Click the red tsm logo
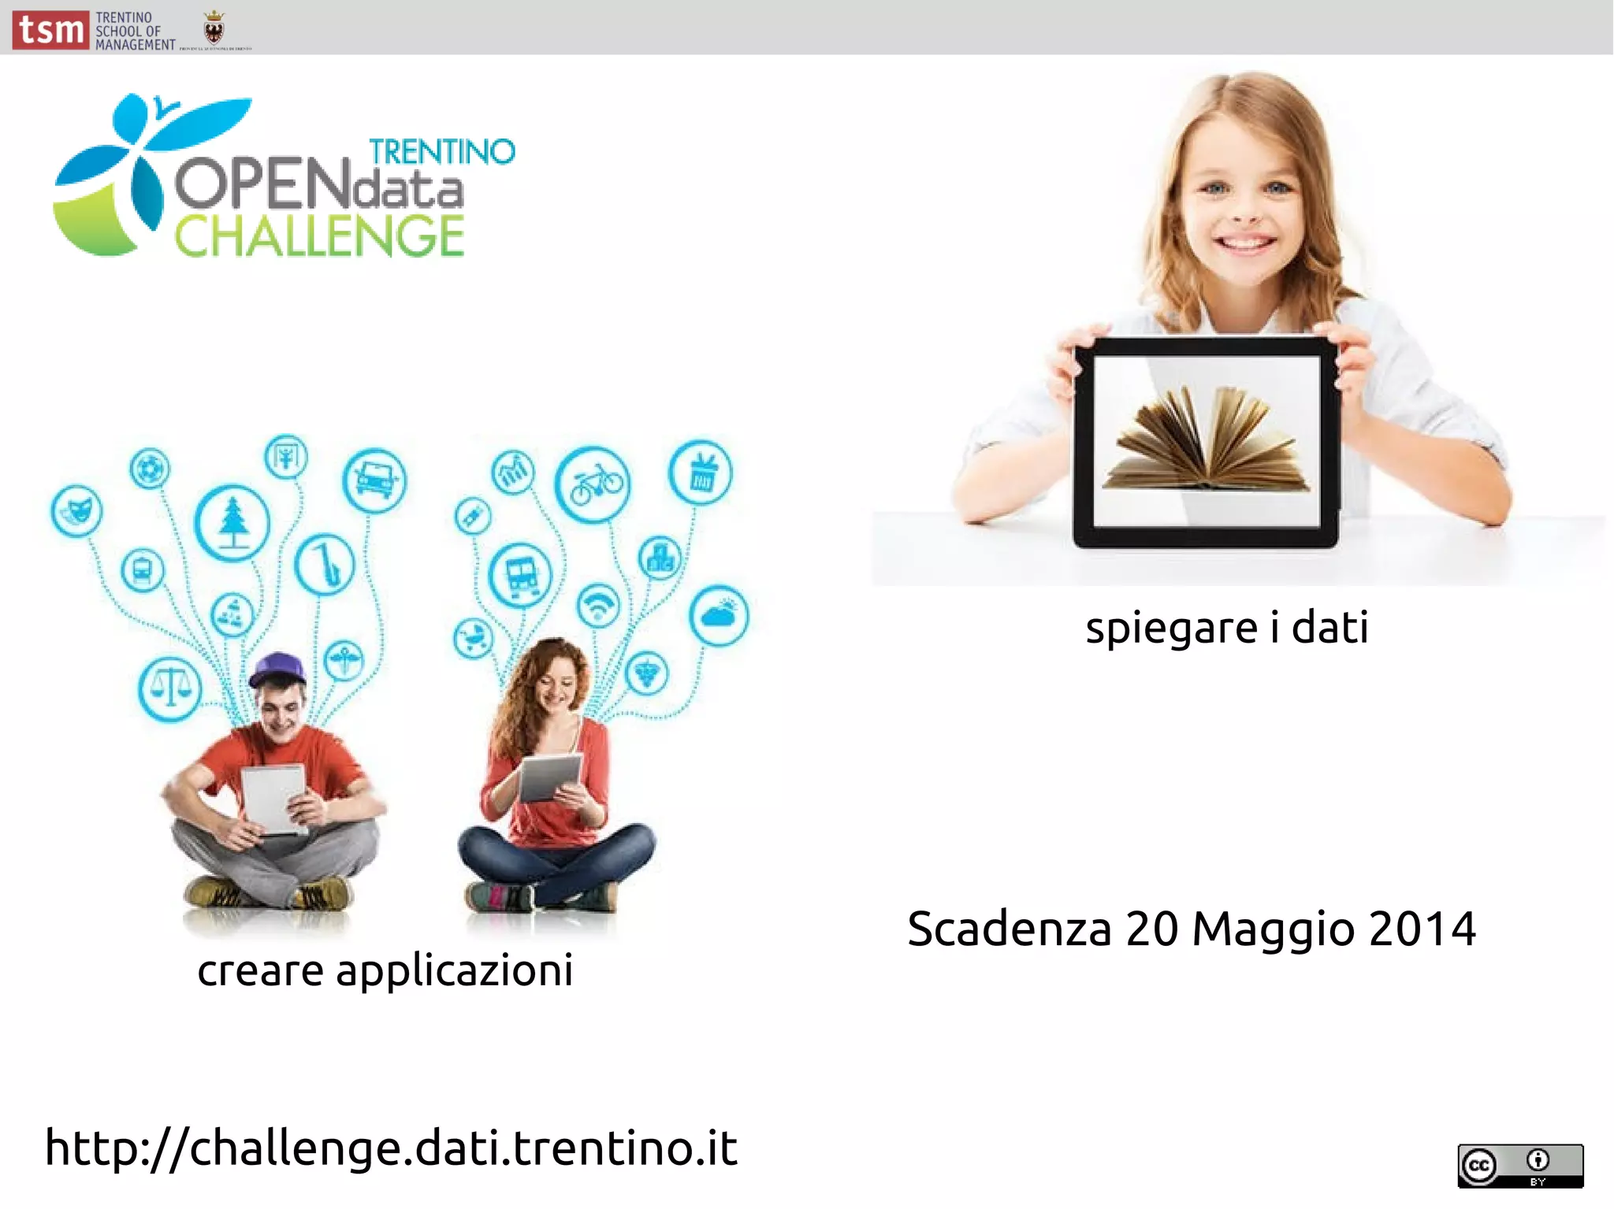(50, 31)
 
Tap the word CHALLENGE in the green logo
(319, 236)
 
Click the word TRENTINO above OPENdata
(441, 152)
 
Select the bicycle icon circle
(593, 484)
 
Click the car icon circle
(375, 480)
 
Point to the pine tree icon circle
(232, 522)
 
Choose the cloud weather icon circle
(719, 615)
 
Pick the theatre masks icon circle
(76, 510)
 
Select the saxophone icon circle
(325, 564)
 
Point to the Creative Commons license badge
(1519, 1166)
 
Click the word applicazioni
(455, 971)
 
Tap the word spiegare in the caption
(1171, 629)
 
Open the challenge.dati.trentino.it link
(392, 1148)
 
